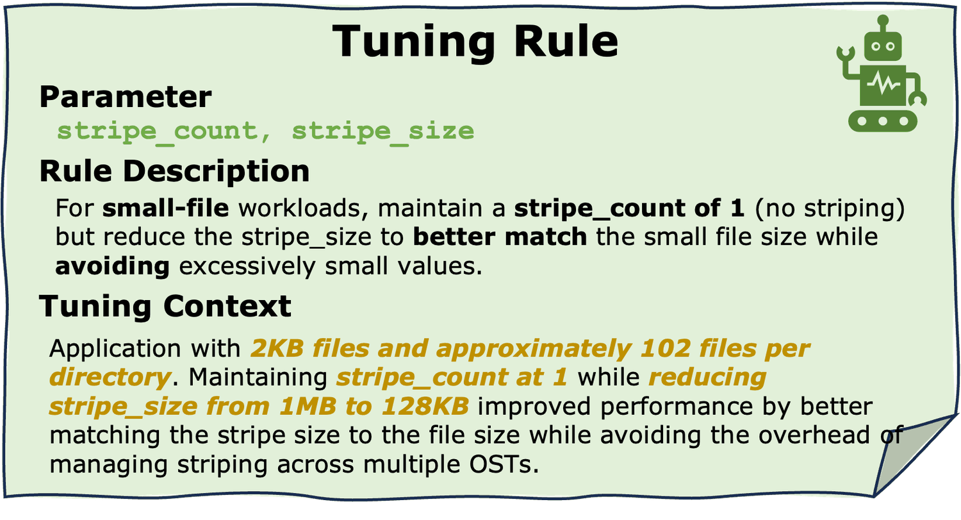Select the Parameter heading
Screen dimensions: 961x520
pyautogui.click(x=126, y=97)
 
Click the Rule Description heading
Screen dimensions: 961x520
pyautogui.click(x=174, y=171)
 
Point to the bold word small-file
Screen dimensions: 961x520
pyautogui.click(x=165, y=208)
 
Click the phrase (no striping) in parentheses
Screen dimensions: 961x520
pyautogui.click(x=830, y=208)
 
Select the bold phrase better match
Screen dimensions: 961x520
pyautogui.click(x=500, y=237)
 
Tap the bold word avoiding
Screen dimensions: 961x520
pyautogui.click(x=112, y=267)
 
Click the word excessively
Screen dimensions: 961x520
pyautogui.click(x=247, y=267)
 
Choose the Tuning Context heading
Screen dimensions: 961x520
pyautogui.click(x=165, y=306)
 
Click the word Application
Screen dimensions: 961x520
pyautogui.click(x=115, y=349)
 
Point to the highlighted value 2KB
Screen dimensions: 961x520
pyautogui.click(x=277, y=348)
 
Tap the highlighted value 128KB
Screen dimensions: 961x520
pyautogui.click(x=425, y=406)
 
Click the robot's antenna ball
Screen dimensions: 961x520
pyautogui.click(x=883, y=20)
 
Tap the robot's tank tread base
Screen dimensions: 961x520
pyautogui.click(x=883, y=121)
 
